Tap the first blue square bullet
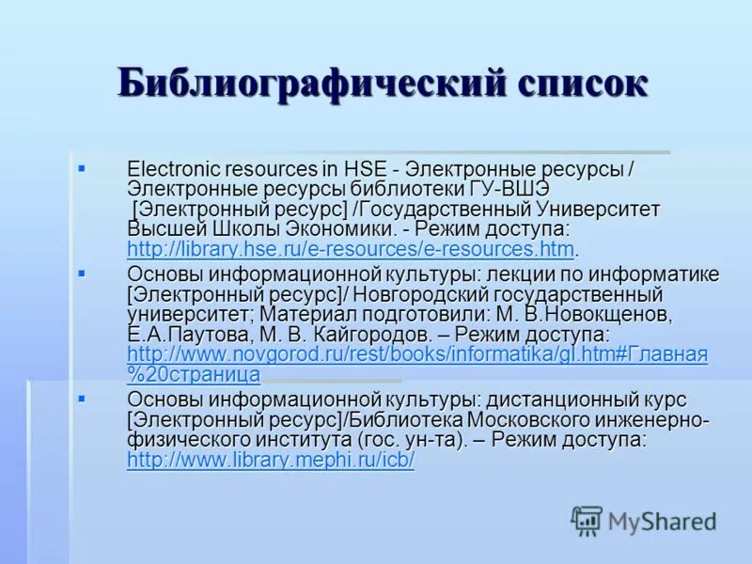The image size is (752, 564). pos(81,168)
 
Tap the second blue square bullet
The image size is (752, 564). pos(81,274)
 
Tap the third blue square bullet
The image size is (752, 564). pos(81,399)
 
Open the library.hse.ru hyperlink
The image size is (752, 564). pos(350,249)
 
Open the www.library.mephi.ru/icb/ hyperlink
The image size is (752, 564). pos(271,462)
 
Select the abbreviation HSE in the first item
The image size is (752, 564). pos(366,169)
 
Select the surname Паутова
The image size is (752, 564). pos(211,334)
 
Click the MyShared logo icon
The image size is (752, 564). pos(587,520)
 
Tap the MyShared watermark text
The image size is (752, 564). pos(662,521)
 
